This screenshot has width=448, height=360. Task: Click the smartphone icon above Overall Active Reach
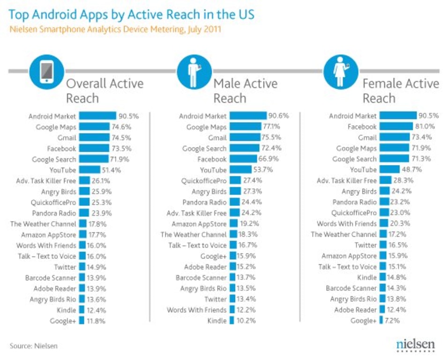point(46,71)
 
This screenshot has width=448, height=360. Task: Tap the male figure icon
point(193,71)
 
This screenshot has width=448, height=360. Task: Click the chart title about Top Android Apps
point(132,15)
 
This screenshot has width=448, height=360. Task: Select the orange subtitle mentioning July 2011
point(115,30)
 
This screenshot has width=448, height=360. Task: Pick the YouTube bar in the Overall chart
point(90,170)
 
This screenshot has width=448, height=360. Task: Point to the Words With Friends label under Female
point(346,224)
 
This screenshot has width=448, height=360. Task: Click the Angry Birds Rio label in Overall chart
point(52,299)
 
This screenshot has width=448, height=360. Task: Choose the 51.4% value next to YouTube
point(112,170)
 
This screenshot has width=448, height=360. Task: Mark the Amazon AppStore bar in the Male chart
point(234,224)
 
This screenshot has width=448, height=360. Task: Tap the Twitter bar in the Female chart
point(383,245)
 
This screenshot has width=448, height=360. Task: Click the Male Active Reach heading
point(245,91)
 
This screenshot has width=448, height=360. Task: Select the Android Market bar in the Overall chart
point(97,116)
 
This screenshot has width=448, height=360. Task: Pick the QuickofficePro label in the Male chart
point(204,180)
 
